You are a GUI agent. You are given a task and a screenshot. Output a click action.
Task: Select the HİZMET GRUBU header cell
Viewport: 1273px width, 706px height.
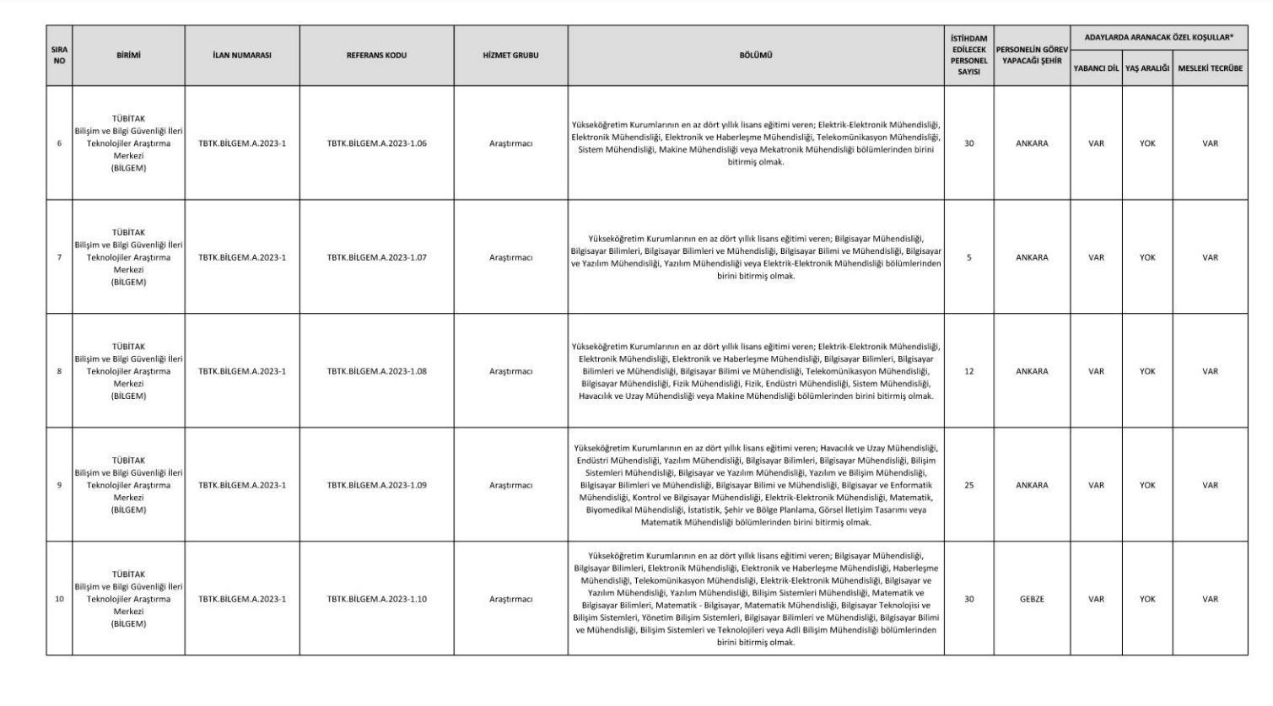[510, 56]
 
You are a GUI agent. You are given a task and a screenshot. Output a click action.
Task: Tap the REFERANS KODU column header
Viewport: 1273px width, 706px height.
[376, 56]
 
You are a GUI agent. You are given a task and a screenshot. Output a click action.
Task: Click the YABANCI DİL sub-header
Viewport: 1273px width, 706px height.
[1096, 68]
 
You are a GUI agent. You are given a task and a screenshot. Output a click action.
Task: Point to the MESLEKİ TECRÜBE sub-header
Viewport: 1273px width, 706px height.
[1210, 68]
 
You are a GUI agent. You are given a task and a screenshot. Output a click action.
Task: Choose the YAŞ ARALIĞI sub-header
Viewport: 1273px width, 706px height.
[1147, 68]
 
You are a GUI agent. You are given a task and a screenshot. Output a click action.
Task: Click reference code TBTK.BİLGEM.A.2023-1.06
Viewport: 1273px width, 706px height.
[376, 143]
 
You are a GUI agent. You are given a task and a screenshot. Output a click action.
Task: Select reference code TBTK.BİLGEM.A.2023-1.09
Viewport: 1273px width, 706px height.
[376, 485]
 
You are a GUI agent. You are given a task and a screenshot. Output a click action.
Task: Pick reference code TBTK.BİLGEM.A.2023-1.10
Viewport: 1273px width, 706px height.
[376, 599]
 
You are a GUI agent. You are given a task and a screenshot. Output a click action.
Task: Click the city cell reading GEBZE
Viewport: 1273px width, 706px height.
[1032, 599]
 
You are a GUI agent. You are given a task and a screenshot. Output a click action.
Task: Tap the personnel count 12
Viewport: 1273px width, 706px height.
[968, 371]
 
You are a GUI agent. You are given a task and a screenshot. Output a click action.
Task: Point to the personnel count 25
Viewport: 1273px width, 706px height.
[968, 485]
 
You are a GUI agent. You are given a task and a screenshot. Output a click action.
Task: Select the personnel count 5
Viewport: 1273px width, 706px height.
[968, 257]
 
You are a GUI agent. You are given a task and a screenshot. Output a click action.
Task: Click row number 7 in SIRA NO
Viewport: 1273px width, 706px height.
[59, 257]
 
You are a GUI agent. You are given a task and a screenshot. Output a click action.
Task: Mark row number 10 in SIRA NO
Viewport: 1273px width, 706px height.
[59, 599]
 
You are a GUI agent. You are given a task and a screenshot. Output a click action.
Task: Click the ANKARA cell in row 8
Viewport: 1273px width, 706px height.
[1032, 371]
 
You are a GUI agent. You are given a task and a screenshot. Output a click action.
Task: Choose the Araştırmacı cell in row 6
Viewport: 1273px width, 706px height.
[510, 143]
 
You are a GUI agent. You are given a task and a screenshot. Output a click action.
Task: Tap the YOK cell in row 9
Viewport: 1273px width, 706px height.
[1147, 485]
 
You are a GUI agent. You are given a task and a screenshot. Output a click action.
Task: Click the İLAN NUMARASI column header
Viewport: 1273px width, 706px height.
[242, 56]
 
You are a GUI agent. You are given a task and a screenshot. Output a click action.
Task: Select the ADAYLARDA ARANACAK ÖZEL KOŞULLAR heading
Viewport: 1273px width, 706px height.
[1158, 38]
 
